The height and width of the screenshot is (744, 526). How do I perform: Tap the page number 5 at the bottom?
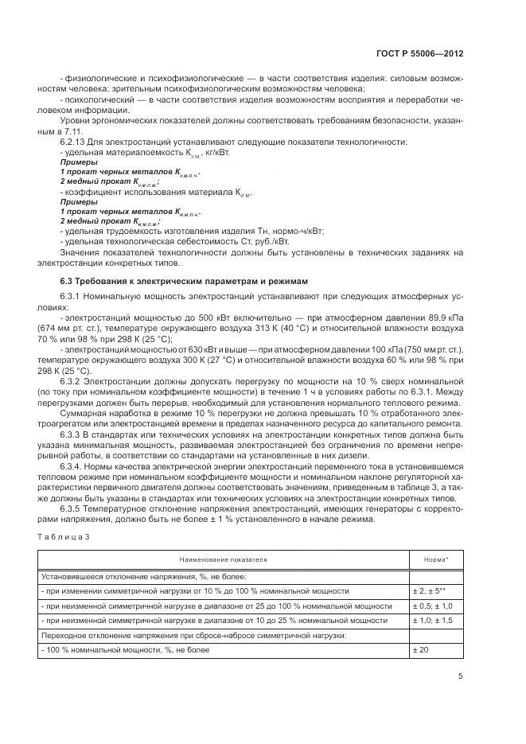pos(460,676)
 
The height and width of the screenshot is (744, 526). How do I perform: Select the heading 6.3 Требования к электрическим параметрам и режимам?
pos(180,281)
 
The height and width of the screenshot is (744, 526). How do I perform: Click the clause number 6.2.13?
pos(74,142)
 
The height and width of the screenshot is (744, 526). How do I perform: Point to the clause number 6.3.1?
pos(72,297)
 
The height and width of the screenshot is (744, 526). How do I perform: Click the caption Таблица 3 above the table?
pos(64,537)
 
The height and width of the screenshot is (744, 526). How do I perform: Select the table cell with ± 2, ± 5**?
pos(431,591)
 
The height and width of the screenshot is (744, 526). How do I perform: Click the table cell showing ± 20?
pos(421,650)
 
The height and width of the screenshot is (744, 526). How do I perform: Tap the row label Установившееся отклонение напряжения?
pos(143,577)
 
